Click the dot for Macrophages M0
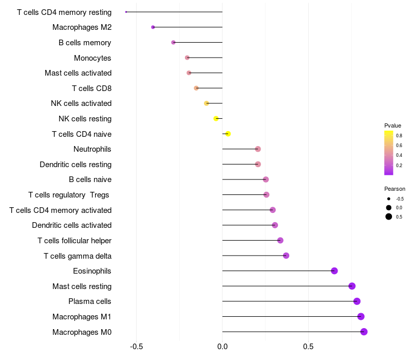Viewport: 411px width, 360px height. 364,332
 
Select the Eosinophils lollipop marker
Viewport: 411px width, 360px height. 334,271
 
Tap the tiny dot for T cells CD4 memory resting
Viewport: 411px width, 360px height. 126,12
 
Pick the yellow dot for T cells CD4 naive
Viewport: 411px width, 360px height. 228,134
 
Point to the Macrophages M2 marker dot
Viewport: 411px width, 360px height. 153,27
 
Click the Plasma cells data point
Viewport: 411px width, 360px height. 357,301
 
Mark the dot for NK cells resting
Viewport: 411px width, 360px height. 216,119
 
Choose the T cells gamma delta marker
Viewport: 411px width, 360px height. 286,256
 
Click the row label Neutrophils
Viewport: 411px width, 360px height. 92,149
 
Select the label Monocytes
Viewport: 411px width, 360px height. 92,58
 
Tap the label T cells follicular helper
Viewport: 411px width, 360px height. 74,241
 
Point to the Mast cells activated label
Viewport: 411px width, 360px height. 78,73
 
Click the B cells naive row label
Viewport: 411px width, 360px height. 90,179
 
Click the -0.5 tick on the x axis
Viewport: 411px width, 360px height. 136,347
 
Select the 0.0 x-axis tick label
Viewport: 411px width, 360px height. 222,347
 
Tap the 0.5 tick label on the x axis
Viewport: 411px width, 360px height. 308,347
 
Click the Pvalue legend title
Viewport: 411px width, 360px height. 393,125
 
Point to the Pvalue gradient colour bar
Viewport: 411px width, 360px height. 389,153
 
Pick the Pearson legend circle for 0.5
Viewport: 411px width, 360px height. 389,217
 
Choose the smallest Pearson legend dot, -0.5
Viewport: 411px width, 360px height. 389,199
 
